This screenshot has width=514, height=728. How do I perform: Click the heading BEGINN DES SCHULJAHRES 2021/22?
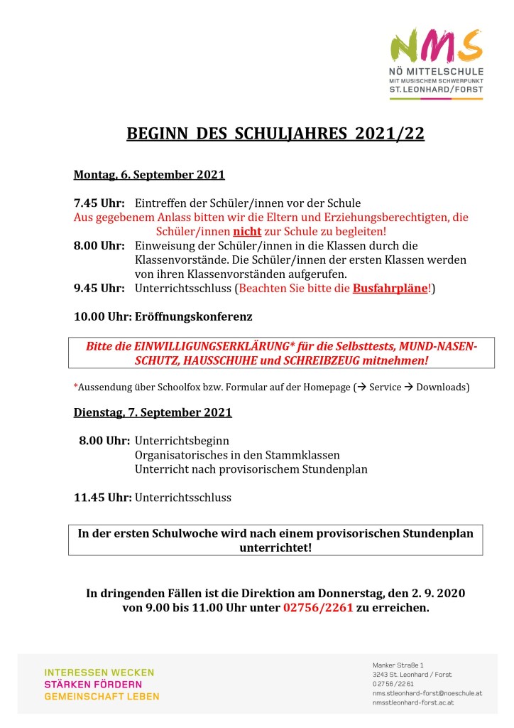coord(275,134)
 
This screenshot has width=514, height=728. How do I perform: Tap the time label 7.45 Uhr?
coord(99,203)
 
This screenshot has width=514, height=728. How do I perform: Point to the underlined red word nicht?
coord(248,232)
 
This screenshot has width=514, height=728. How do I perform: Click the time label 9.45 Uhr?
coord(99,288)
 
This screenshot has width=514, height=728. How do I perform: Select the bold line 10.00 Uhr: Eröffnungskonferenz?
coord(163,316)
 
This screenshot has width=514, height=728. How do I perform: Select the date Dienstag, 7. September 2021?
coord(153,412)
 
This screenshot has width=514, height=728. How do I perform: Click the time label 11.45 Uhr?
coord(102,498)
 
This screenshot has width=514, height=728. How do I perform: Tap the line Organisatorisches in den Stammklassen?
coord(237,455)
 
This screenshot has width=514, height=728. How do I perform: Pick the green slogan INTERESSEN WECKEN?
coord(99,672)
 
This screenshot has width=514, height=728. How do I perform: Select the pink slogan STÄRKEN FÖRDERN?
coord(93,684)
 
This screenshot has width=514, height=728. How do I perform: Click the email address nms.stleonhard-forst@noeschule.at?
coord(427,692)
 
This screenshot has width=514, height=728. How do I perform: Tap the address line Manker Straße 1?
coord(398,665)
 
